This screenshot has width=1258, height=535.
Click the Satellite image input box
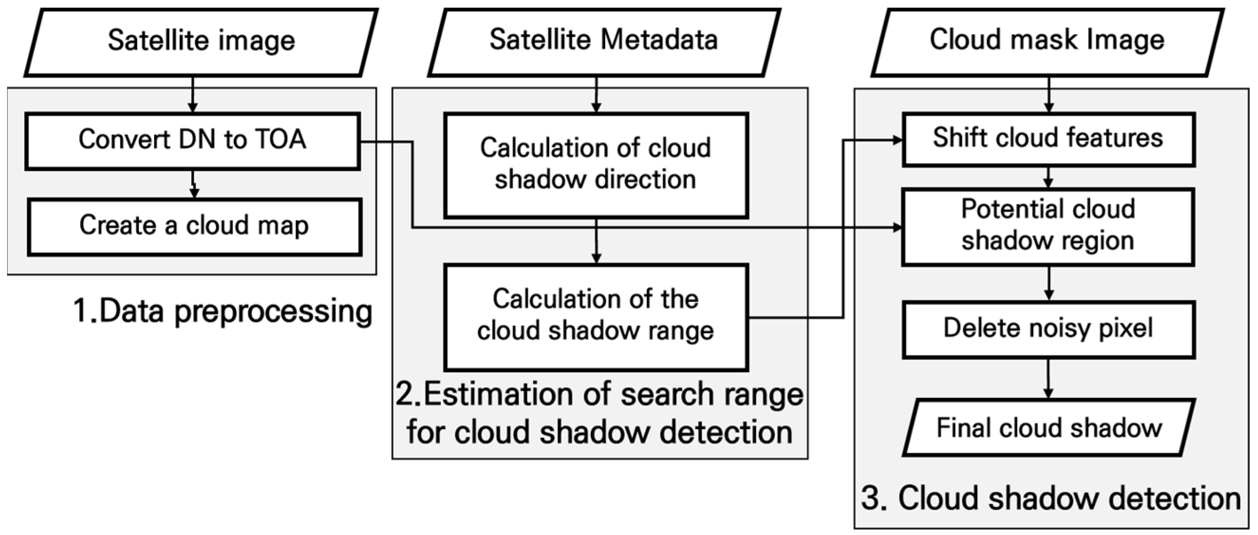[x=201, y=43]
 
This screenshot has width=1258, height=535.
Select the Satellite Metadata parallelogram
[x=604, y=43]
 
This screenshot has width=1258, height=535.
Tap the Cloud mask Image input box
[x=1047, y=43]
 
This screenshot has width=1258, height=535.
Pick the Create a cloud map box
[x=195, y=227]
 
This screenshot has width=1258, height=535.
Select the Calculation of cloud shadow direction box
[x=596, y=165]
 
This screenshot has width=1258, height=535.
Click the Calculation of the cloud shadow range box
[x=596, y=316]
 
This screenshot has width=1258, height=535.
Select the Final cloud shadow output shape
[x=1049, y=428]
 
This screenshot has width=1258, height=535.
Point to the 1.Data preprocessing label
[x=222, y=312]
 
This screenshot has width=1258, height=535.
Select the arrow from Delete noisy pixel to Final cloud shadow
[x=1048, y=379]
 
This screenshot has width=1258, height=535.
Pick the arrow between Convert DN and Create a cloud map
[x=194, y=184]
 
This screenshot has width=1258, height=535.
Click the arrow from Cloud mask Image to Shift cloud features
[x=1049, y=95]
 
